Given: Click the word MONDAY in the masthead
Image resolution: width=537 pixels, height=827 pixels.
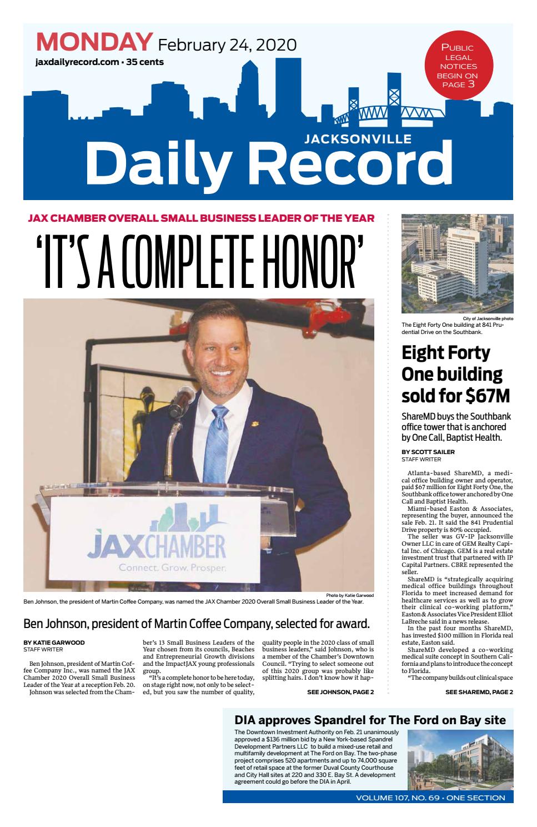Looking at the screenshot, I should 94,42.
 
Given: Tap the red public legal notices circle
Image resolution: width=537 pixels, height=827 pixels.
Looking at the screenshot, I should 458,65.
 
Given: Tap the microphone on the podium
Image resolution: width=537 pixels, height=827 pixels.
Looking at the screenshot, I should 183,398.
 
